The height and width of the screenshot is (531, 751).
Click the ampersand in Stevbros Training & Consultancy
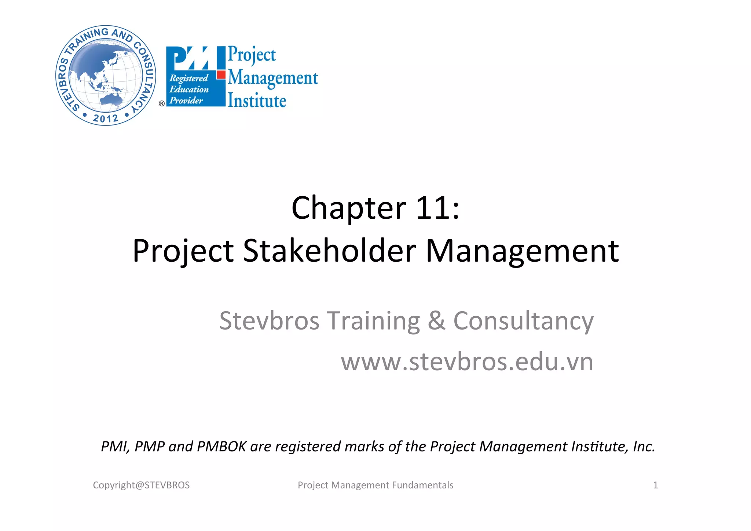[x=436, y=321]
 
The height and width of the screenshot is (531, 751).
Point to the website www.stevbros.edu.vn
[x=467, y=362]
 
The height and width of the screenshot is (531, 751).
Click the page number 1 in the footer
[x=655, y=485]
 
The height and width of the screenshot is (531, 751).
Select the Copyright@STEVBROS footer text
[x=141, y=485]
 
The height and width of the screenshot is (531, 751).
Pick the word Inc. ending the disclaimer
[x=644, y=447]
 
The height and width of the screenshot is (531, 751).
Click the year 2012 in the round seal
[x=106, y=118]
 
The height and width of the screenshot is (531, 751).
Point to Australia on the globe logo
[x=110, y=99]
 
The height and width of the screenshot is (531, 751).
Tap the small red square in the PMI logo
[x=221, y=75]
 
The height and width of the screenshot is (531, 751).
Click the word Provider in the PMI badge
[x=186, y=101]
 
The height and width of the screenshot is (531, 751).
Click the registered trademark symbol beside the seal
[x=162, y=103]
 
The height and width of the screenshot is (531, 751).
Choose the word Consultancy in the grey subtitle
[x=523, y=321]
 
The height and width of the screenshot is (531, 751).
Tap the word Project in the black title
[x=183, y=251]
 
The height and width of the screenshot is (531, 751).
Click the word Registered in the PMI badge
[x=188, y=78]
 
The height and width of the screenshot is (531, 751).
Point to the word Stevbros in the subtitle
[x=269, y=321]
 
